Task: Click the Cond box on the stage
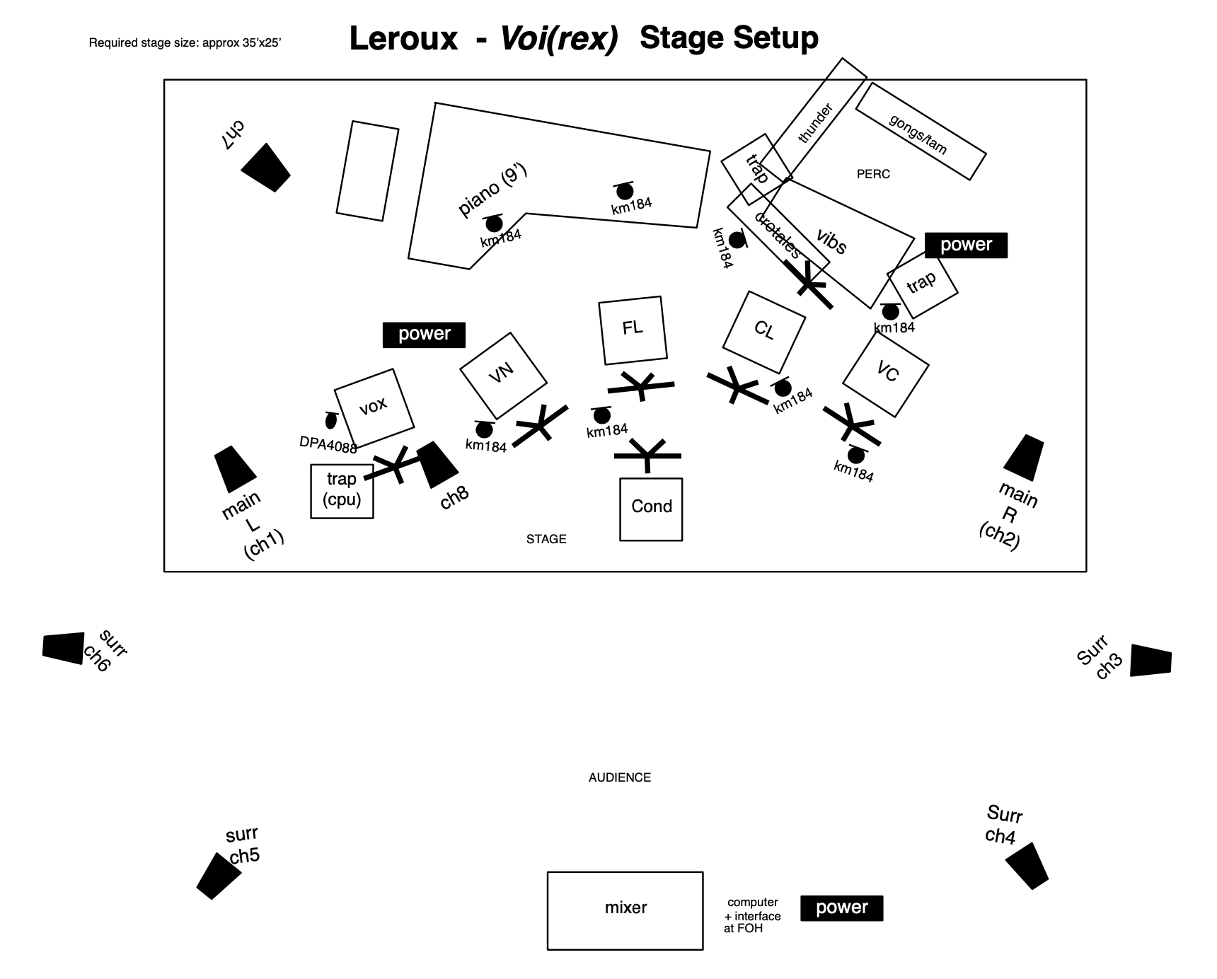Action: (x=651, y=509)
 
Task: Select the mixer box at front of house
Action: (x=625, y=910)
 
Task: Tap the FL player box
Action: (x=633, y=330)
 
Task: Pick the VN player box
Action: (x=503, y=375)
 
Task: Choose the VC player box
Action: (x=886, y=373)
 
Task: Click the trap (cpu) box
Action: (x=342, y=491)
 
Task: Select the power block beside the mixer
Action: (x=841, y=908)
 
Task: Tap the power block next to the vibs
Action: (x=966, y=245)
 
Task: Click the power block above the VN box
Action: (x=424, y=335)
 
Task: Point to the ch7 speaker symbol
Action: (x=266, y=168)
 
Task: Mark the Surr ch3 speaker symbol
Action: (x=1150, y=661)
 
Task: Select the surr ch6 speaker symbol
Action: (x=63, y=648)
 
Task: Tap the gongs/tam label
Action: (x=918, y=134)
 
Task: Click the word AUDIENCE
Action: (x=619, y=777)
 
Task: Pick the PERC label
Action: (x=873, y=174)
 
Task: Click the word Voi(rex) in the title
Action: (x=558, y=38)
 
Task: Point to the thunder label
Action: (x=815, y=124)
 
